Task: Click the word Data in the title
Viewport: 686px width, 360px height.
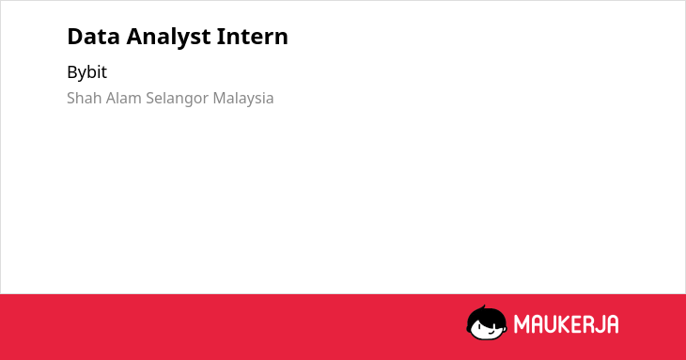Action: click(x=93, y=37)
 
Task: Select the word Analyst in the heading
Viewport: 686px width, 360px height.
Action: click(x=168, y=38)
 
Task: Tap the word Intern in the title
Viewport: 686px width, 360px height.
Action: click(x=253, y=37)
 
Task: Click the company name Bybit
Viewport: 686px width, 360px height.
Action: click(x=86, y=72)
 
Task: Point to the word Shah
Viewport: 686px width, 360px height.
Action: click(x=85, y=98)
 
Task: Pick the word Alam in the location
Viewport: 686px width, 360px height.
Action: click(x=124, y=98)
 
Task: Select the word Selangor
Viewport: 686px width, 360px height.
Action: click(x=178, y=100)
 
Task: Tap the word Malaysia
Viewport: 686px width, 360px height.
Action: click(x=243, y=100)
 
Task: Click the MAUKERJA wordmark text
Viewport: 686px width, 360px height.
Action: click(x=566, y=324)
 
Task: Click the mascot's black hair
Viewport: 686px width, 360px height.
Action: click(x=486, y=316)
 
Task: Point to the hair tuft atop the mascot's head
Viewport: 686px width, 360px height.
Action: click(x=483, y=307)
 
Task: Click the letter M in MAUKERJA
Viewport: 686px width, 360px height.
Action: click(x=521, y=324)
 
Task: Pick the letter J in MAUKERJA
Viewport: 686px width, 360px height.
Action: click(x=597, y=324)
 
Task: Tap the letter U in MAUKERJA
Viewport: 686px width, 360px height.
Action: click(x=545, y=324)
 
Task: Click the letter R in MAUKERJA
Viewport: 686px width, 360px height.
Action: click(x=584, y=324)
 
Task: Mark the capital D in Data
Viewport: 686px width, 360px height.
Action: click(x=75, y=37)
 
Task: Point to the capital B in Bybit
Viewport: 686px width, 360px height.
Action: click(x=72, y=72)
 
